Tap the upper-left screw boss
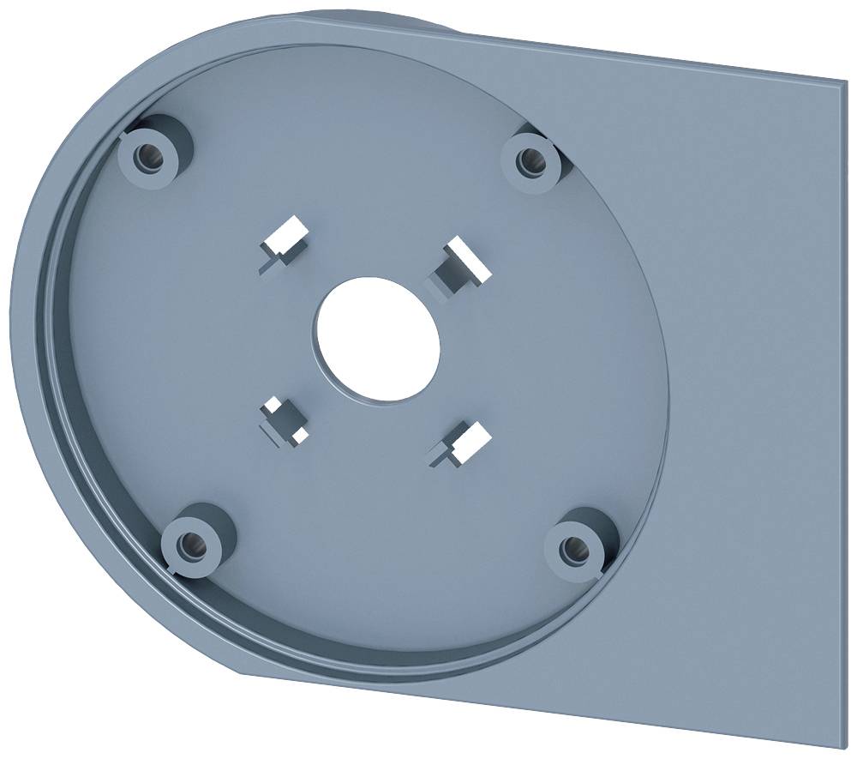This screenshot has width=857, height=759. point(153,156)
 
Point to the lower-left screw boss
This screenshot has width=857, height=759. point(194,542)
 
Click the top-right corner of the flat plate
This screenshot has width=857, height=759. point(843,84)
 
